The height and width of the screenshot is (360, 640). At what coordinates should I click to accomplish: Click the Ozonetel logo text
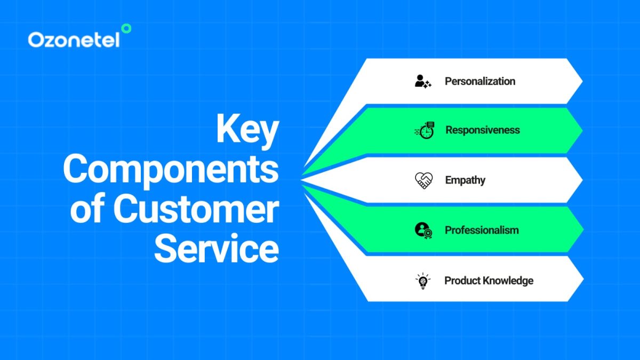(x=73, y=40)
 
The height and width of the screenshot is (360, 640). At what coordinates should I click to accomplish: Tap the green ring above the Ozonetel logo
(x=126, y=29)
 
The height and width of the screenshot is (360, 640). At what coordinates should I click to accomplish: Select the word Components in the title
(x=171, y=170)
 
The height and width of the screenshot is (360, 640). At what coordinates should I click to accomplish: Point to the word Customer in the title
(x=196, y=210)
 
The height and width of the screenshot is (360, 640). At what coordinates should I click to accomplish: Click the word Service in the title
(x=217, y=249)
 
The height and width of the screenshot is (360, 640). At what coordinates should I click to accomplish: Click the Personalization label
(x=480, y=82)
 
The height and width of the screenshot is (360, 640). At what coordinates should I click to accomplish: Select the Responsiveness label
(x=482, y=130)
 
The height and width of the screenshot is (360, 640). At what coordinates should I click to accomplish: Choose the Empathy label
(x=465, y=180)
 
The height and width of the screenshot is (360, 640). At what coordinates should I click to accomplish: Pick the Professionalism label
(x=482, y=230)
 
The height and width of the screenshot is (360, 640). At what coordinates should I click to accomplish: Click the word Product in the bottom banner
(x=463, y=281)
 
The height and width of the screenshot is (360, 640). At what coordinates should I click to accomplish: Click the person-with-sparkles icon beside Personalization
(x=423, y=82)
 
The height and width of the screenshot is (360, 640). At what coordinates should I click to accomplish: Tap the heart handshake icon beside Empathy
(x=423, y=180)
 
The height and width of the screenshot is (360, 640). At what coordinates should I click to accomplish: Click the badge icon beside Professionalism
(x=423, y=230)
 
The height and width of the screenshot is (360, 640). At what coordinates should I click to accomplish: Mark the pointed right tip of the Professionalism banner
(x=582, y=230)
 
